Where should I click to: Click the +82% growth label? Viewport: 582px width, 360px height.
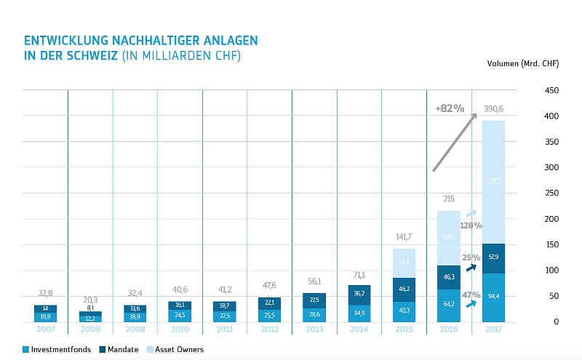tap(450, 108)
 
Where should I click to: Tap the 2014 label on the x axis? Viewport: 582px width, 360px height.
tap(359, 330)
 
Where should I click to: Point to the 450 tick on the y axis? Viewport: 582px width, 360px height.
tap(551, 91)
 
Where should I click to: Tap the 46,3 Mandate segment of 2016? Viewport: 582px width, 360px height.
tap(449, 277)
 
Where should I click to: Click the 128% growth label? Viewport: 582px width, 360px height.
tap(471, 225)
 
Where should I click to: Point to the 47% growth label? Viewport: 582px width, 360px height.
tap(471, 295)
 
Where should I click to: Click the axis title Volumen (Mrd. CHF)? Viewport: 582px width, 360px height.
tap(522, 64)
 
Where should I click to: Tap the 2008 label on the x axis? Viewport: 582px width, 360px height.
tap(90, 330)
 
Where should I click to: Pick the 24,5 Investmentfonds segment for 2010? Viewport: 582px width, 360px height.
tap(180, 315)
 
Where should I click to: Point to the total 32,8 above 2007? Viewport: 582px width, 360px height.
tap(45, 293)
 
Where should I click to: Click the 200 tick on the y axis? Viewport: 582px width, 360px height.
tap(551, 219)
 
